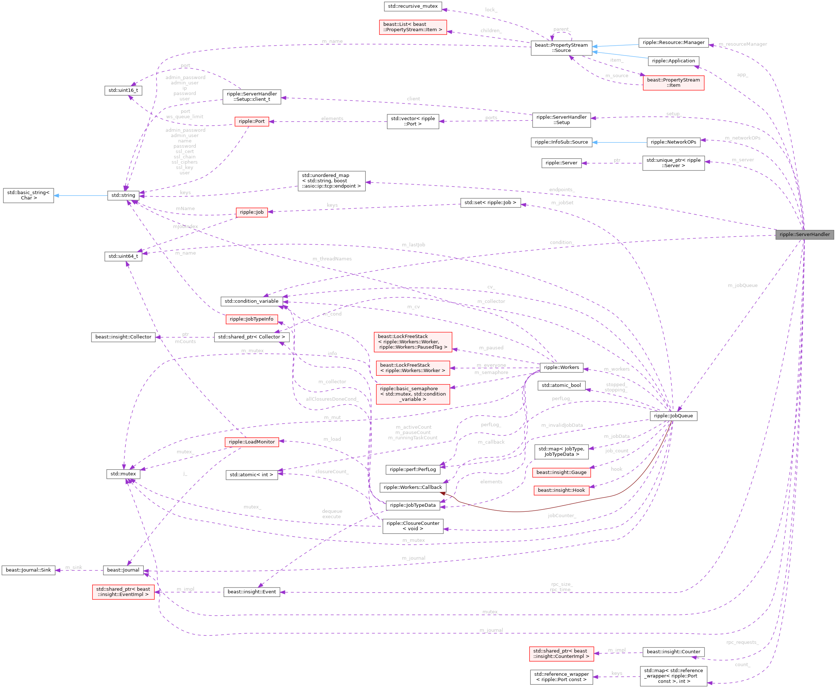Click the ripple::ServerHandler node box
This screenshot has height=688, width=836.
[x=805, y=235]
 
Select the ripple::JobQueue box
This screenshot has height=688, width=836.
[x=673, y=416]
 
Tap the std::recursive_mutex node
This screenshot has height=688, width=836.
[x=412, y=6]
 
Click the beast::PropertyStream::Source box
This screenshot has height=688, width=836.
[x=561, y=48]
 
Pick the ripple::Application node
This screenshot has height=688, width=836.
[x=673, y=61]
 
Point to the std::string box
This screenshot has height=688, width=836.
[x=123, y=195]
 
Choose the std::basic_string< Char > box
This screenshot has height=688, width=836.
[x=29, y=195]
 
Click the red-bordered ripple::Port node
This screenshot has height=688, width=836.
[x=252, y=121]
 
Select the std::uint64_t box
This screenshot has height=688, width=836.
[x=123, y=256]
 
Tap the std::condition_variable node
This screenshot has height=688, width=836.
[x=252, y=301]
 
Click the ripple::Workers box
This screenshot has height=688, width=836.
[x=561, y=367]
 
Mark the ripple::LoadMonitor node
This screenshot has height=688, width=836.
[x=252, y=442]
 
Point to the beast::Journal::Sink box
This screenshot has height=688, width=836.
[x=28, y=570]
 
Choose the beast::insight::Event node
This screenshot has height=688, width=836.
[x=252, y=592]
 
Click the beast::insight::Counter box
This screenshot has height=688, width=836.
[x=673, y=652]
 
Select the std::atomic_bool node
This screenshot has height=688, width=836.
[x=561, y=385]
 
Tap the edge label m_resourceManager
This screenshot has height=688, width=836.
[x=742, y=44]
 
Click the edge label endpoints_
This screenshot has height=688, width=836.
[x=562, y=190]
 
